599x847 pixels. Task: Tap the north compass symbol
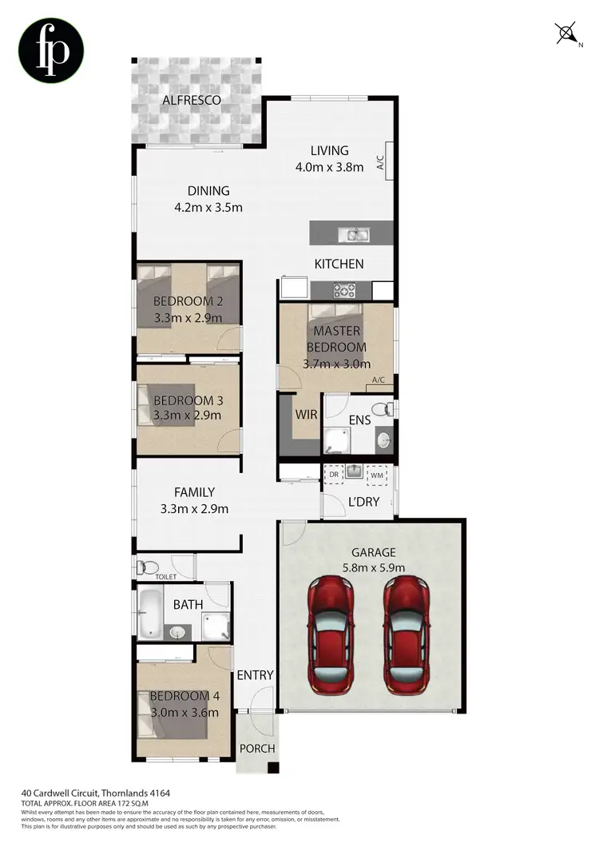[566, 34]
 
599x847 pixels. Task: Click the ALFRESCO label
[192, 101]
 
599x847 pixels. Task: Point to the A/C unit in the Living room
[381, 162]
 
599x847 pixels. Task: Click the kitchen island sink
[351, 234]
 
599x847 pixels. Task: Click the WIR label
[307, 416]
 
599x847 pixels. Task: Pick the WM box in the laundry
[377, 475]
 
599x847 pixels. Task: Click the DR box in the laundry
[334, 475]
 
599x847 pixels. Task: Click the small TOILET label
[166, 576]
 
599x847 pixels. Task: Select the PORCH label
[257, 749]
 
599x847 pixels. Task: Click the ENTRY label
[255, 675]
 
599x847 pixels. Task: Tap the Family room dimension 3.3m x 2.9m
[195, 509]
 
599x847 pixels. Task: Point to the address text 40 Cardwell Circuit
[76, 793]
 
